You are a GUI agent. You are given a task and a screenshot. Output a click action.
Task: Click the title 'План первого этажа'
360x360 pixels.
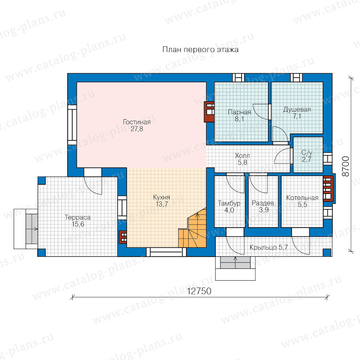point(200,50)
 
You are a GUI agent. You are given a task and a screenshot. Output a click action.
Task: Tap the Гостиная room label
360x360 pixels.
point(137,122)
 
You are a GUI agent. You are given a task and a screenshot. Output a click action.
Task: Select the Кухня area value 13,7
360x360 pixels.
point(162,204)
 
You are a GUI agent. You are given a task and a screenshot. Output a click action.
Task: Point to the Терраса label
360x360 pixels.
point(78,218)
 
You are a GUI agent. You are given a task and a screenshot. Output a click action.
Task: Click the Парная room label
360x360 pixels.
point(240,112)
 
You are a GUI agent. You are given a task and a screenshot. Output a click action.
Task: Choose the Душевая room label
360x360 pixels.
point(297,110)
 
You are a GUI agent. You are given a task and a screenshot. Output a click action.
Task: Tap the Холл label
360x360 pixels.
point(242,156)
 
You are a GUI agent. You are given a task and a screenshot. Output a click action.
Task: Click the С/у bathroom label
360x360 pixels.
point(307,153)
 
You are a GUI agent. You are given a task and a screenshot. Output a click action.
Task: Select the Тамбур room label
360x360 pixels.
point(229,204)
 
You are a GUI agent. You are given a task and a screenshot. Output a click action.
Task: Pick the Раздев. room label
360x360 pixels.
point(264,203)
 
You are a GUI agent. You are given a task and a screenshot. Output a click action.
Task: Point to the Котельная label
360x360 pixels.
point(302,198)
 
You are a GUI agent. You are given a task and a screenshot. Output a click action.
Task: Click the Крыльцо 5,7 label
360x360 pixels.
point(269,248)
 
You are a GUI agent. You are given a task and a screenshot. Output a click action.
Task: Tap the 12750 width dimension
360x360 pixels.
point(199,291)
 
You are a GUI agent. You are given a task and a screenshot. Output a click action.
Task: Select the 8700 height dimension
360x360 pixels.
point(346,166)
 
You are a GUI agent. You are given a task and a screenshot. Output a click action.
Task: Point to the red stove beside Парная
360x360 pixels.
point(209,112)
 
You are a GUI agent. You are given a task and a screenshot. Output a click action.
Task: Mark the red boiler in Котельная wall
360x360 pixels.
point(328,188)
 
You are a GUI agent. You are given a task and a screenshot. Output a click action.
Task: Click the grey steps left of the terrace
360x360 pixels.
point(32,229)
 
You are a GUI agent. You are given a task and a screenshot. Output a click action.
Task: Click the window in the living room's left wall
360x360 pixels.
point(72,125)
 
